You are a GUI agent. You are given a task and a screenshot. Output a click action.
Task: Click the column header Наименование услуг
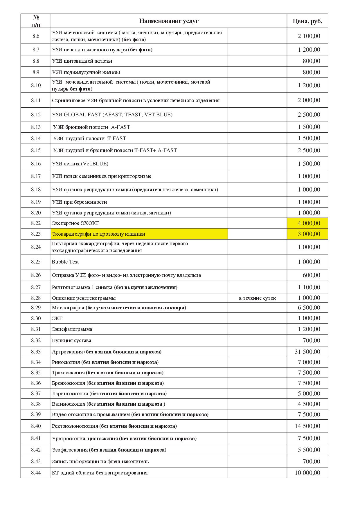pos(169,21)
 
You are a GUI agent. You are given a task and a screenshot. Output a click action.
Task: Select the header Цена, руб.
pos(307,21)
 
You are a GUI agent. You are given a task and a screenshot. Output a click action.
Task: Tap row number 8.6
pos(36,36)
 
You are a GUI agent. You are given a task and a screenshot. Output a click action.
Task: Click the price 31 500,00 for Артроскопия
pos(307,352)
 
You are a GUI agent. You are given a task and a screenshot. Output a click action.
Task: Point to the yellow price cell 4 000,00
pos(309,223)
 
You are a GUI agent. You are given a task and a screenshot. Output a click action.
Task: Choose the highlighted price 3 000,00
pos(309,234)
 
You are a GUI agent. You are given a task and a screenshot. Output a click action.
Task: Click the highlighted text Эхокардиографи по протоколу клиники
pos(98,234)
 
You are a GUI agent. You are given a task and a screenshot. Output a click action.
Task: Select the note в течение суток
pos(257,298)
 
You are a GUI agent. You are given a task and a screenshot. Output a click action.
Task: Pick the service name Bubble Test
pos(65,262)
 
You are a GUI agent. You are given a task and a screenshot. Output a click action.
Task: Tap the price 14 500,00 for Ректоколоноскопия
pos(307,426)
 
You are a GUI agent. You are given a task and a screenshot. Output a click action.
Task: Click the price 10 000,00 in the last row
pos(307,473)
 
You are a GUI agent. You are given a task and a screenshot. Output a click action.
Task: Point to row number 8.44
pos(36,473)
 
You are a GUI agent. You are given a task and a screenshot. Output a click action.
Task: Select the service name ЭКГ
pos(57,318)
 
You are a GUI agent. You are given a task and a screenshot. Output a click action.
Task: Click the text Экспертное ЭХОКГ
pos(76,223)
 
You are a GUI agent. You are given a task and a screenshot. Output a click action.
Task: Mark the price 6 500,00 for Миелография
pos(309,308)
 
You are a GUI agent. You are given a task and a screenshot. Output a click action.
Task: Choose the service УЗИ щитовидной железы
pos(82,61)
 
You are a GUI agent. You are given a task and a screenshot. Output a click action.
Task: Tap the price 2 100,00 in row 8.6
pos(309,36)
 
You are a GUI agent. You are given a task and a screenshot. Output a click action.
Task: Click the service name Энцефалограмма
pos(72,329)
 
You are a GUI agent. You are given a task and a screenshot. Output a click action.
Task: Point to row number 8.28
pos(36,298)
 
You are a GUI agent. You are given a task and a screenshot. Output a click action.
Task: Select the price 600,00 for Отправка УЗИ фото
pos(311,275)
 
